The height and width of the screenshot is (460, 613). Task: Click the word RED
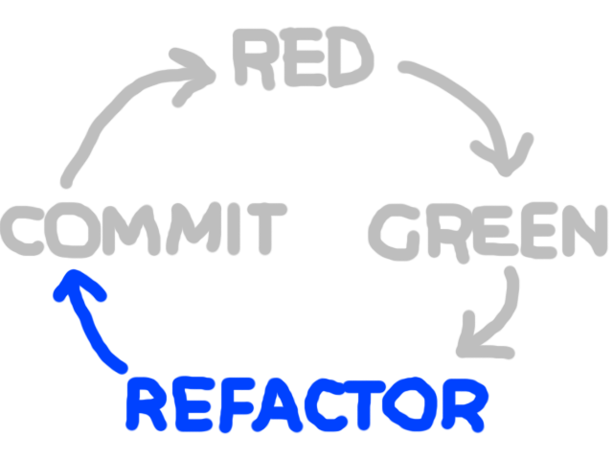(302, 59)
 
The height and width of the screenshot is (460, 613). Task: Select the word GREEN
(488, 233)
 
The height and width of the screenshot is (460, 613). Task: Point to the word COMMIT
(144, 231)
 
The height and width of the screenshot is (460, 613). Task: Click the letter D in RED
(345, 59)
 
